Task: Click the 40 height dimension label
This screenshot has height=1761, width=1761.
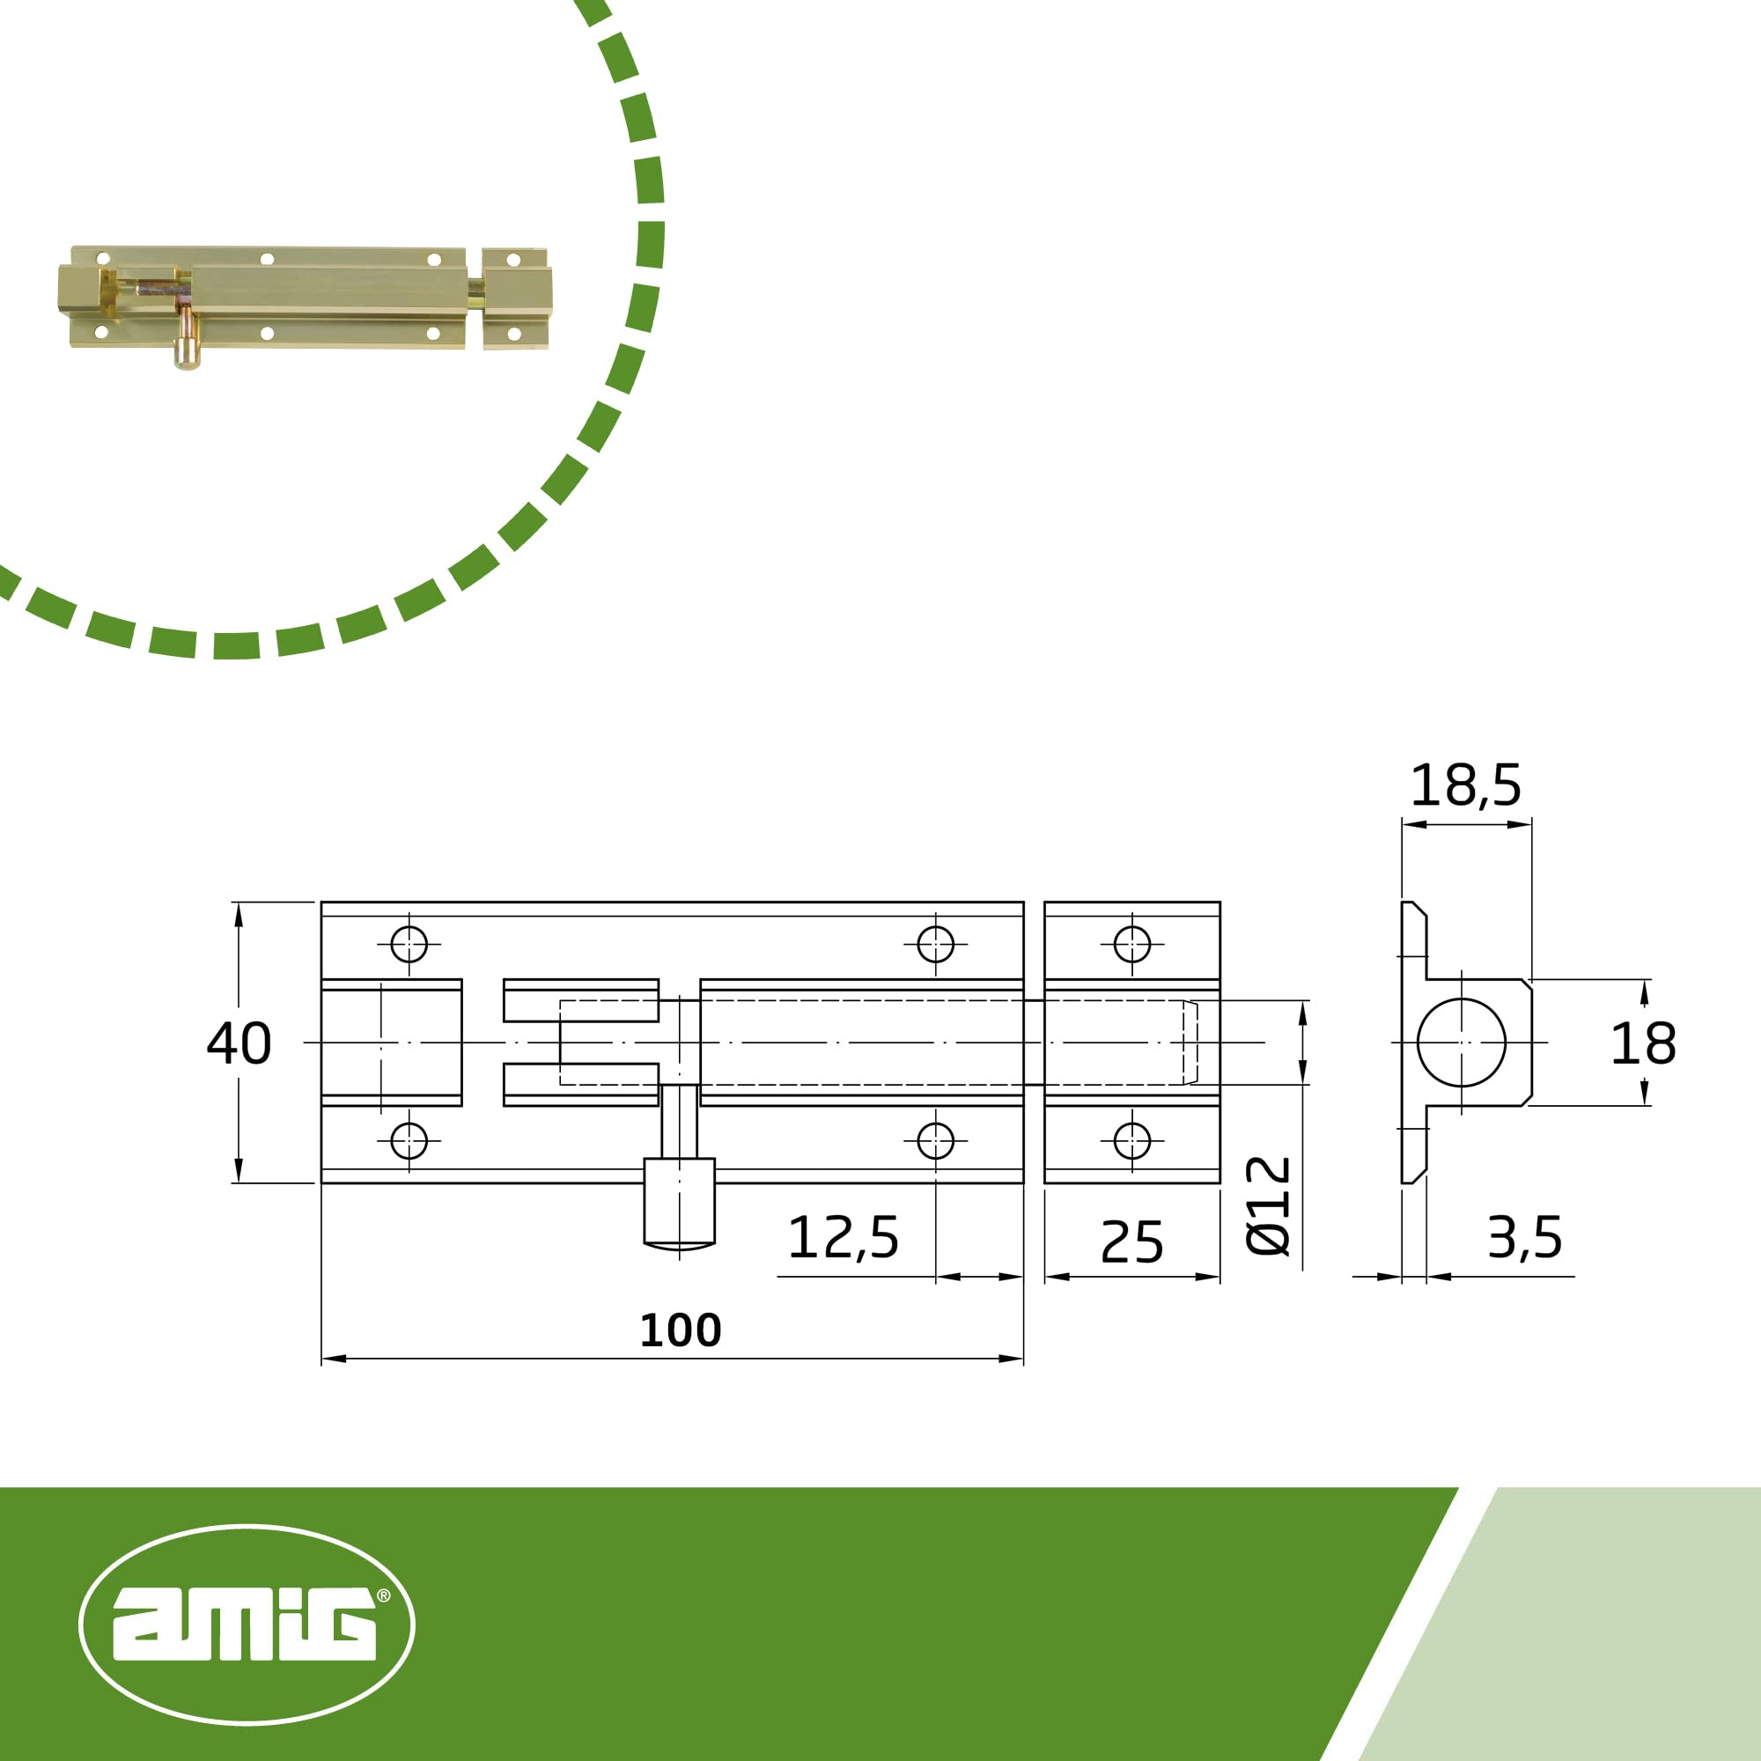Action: click(x=239, y=1043)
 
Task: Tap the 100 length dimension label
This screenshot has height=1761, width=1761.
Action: click(x=680, y=1330)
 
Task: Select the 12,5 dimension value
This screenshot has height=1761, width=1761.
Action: click(x=844, y=1238)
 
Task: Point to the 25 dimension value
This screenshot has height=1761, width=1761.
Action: click(x=1132, y=1242)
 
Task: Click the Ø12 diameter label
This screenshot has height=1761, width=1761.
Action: click(x=1268, y=1206)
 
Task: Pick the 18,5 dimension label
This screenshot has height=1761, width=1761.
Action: click(x=1466, y=785)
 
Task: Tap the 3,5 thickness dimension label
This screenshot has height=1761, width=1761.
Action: click(x=1525, y=1238)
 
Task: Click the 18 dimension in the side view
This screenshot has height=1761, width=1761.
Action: click(x=1643, y=1043)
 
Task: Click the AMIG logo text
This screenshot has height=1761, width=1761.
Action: click(x=244, y=1624)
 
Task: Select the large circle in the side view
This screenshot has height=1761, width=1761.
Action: click(x=1462, y=998)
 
